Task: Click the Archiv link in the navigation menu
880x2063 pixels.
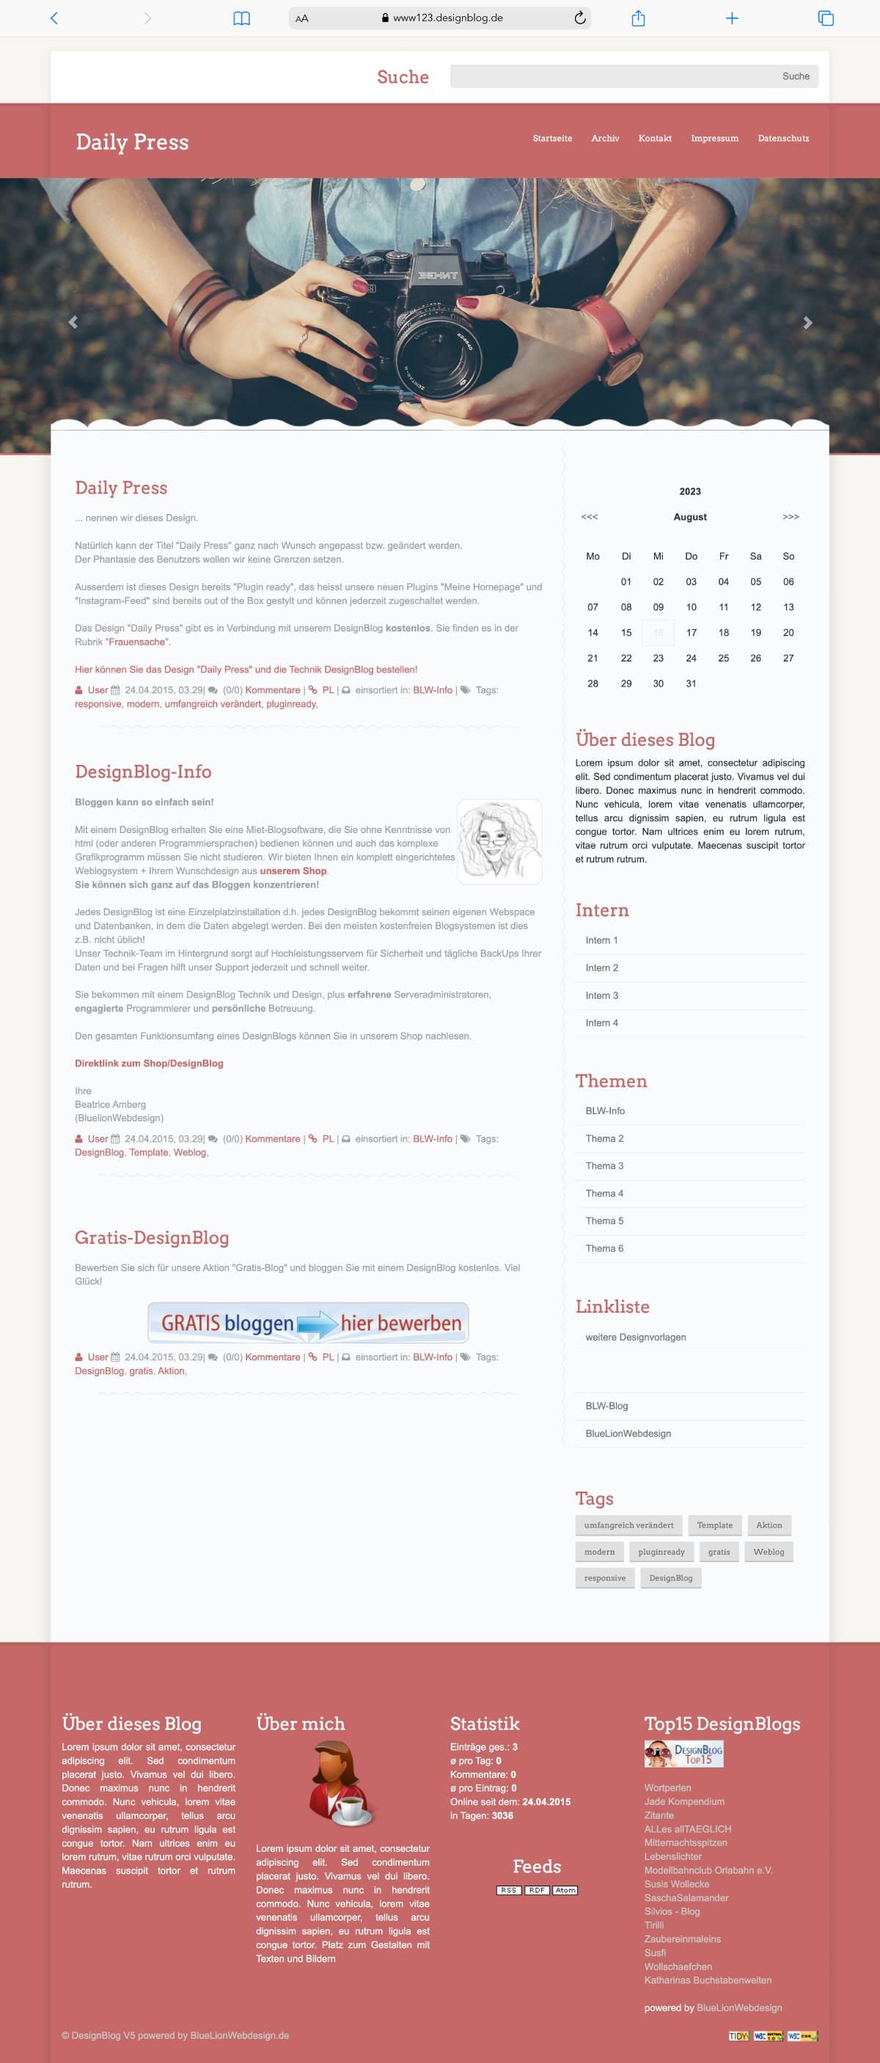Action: click(605, 139)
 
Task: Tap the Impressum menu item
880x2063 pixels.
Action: click(714, 139)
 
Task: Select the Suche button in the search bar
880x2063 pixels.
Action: click(795, 77)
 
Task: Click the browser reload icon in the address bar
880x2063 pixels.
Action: click(580, 18)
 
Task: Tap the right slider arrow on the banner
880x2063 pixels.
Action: click(807, 323)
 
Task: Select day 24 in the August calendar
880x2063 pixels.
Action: click(691, 659)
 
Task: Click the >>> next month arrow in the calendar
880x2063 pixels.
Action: click(791, 517)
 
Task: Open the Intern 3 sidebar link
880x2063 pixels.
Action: click(601, 995)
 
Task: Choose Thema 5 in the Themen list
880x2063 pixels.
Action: click(604, 1220)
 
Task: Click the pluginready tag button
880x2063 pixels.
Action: click(661, 1551)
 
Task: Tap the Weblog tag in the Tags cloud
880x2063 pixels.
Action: click(769, 1551)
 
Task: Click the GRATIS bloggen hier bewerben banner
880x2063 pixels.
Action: click(308, 1322)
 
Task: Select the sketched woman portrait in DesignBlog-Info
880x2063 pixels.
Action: click(499, 842)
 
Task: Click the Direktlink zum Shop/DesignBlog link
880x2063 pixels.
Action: click(149, 1063)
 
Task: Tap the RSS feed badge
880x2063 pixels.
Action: click(508, 1890)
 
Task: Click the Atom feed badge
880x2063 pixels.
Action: click(565, 1890)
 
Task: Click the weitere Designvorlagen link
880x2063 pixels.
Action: click(635, 1337)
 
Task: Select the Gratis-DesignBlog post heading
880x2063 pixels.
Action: click(151, 1237)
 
